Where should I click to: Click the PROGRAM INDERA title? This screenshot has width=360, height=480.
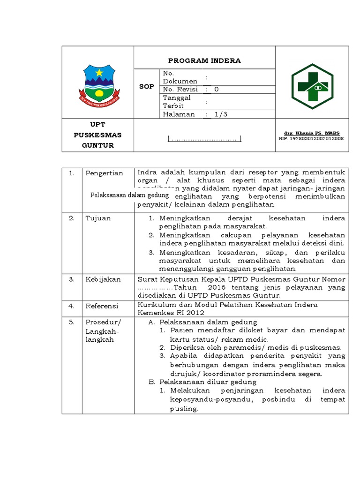(x=204, y=60)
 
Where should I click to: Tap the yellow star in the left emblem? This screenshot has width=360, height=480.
(x=98, y=73)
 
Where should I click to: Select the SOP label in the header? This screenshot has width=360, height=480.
(x=147, y=87)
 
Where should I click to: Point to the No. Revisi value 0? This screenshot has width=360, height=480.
(x=216, y=89)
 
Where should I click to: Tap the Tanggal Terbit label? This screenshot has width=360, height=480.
(x=177, y=102)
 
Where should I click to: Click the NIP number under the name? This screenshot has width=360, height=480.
(x=311, y=139)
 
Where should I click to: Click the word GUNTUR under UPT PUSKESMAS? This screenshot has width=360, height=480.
(x=98, y=145)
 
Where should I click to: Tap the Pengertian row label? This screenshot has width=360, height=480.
(x=104, y=173)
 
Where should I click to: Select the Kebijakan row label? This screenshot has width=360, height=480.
(x=103, y=279)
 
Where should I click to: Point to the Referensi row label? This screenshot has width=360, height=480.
(x=102, y=306)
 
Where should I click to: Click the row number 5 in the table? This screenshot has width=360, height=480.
(x=72, y=322)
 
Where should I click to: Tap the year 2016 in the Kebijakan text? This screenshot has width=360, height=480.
(x=217, y=287)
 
